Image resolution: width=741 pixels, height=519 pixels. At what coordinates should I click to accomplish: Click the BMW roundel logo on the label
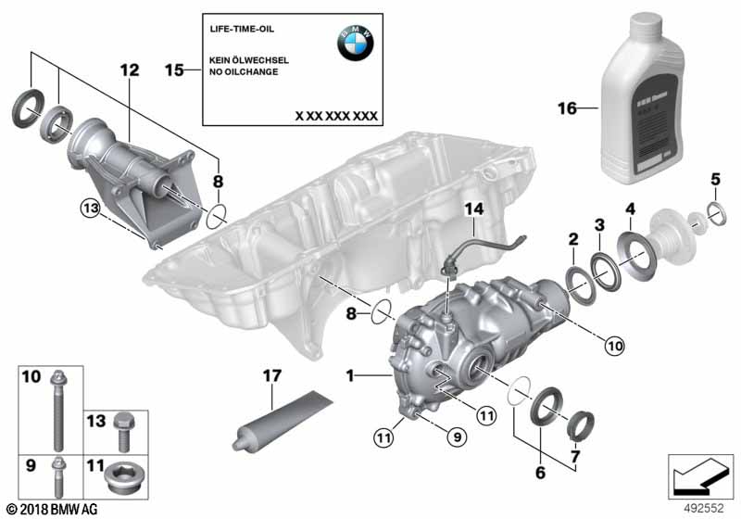(356, 43)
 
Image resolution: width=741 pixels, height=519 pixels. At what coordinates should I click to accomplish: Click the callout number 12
(128, 70)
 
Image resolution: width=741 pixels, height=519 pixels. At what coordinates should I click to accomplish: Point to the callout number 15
(175, 70)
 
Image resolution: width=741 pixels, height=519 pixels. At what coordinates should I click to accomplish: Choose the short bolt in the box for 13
(123, 430)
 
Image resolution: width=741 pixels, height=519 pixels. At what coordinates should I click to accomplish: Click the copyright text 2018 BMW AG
(51, 509)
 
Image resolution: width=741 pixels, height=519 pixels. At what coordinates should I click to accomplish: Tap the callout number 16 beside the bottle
(566, 109)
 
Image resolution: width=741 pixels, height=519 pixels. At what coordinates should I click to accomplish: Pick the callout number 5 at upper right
(714, 178)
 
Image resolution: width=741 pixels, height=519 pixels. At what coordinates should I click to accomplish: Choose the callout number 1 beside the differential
(351, 376)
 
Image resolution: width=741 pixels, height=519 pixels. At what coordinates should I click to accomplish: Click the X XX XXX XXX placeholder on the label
(335, 116)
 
